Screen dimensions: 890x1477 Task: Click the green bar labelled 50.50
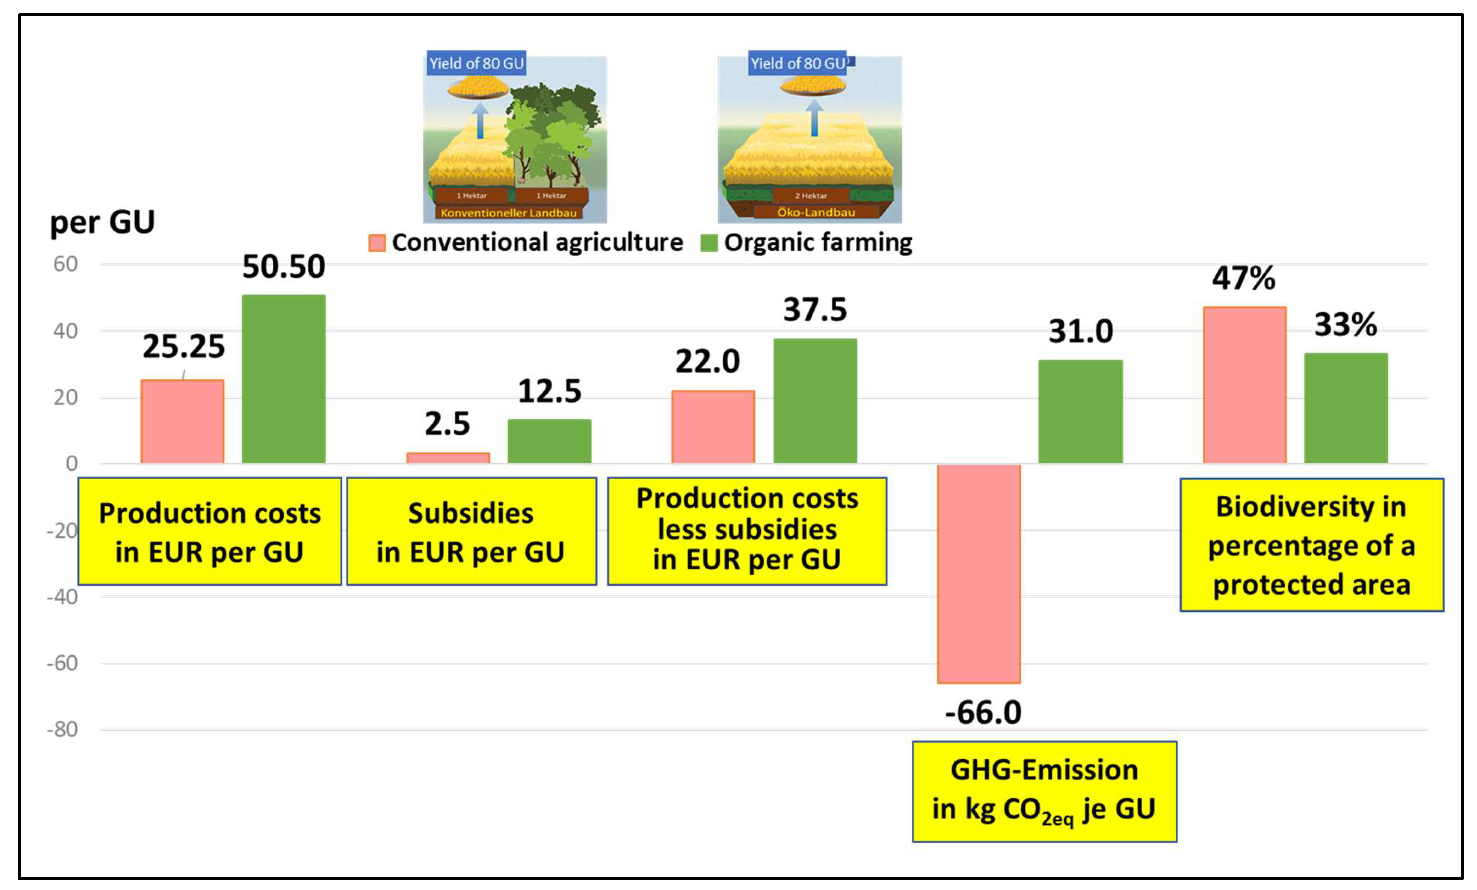pyautogui.click(x=283, y=379)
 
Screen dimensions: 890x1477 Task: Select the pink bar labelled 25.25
pyautogui.click(x=182, y=421)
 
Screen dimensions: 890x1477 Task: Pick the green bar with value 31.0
pyautogui.click(x=1080, y=411)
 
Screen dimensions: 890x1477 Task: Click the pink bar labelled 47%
pyautogui.click(x=1244, y=385)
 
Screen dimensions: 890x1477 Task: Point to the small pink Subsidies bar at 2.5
pyautogui.click(x=448, y=458)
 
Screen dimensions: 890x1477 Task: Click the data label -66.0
pyautogui.click(x=983, y=713)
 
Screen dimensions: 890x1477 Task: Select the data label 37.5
pyautogui.click(x=815, y=310)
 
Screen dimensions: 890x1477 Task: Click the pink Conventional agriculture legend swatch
pyautogui.click(x=376, y=243)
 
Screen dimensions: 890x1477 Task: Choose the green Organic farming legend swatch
pyautogui.click(x=709, y=243)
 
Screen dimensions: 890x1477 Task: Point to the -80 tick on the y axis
pyautogui.click(x=62, y=729)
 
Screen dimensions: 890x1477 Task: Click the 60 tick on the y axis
pyautogui.click(x=66, y=264)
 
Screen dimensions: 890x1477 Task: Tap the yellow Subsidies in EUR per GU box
pyautogui.click(x=471, y=531)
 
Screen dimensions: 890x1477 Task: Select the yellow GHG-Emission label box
pyautogui.click(x=1044, y=791)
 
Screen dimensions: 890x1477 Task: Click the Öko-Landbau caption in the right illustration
pyautogui.click(x=816, y=212)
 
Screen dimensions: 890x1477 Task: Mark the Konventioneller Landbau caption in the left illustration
pyautogui.click(x=508, y=213)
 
